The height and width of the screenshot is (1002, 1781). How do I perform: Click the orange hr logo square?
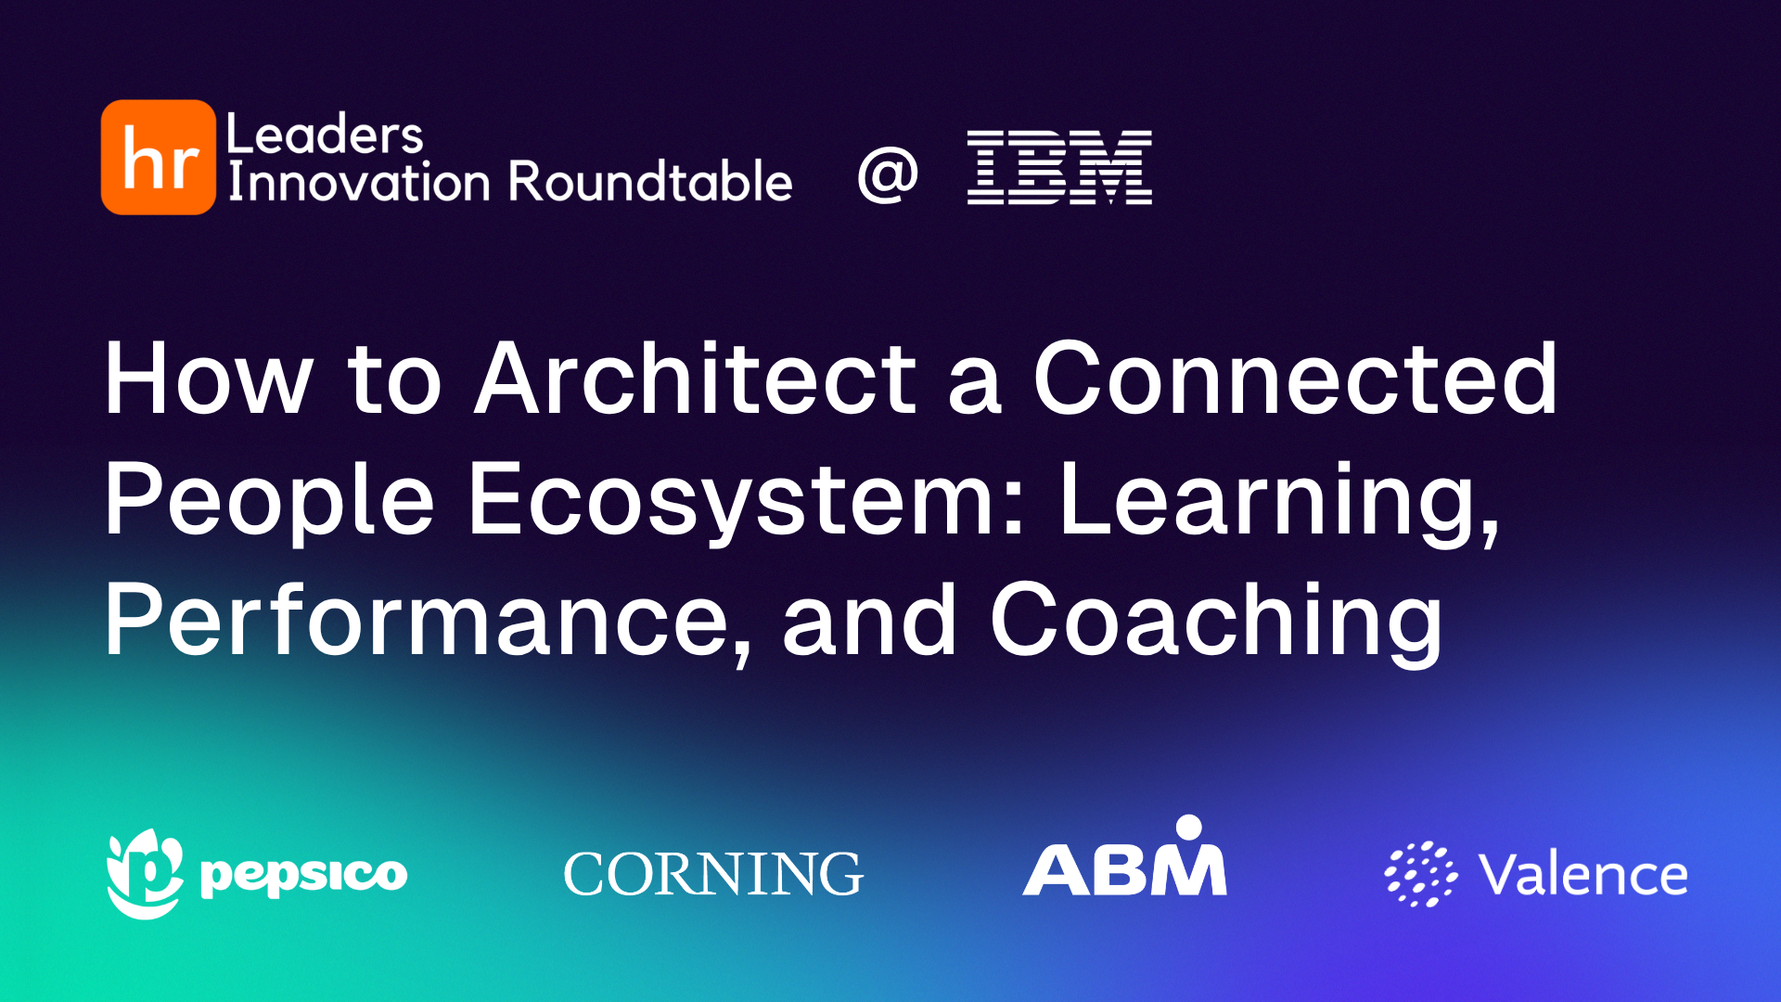point(158,158)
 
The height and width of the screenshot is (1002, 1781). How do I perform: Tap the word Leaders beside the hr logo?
point(325,135)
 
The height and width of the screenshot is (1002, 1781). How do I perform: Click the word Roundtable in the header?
point(650,182)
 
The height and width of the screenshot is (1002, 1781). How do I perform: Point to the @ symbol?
point(888,173)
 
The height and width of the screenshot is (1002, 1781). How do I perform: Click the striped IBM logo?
point(1059,167)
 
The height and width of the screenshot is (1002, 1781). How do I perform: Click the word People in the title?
point(269,501)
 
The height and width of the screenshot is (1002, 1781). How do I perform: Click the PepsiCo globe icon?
point(145,873)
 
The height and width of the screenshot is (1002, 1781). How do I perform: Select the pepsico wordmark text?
point(304,875)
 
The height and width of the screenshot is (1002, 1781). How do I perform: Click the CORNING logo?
point(713,874)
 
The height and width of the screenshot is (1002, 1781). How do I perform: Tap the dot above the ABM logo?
point(1188,827)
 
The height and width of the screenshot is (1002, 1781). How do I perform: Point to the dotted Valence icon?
point(1420,874)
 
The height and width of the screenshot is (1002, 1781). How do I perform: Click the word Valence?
point(1583,875)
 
